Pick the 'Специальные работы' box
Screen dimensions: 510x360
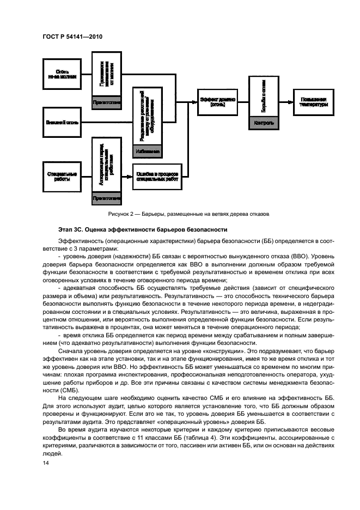[62, 175]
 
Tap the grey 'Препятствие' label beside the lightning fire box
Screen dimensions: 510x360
[107, 102]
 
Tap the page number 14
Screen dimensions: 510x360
[46, 463]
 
